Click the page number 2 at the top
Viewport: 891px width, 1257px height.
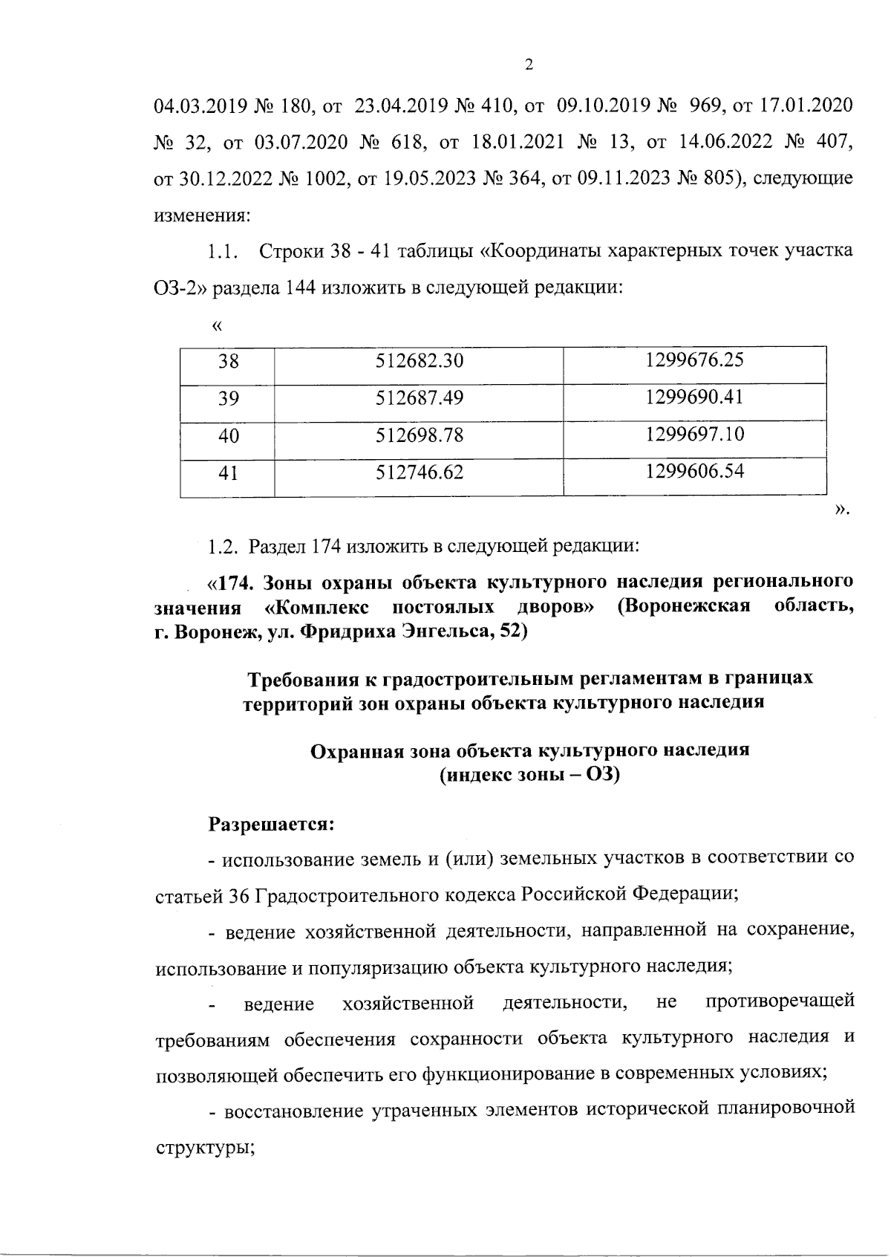pyautogui.click(x=529, y=65)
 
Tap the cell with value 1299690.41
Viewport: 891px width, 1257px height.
pyautogui.click(x=694, y=397)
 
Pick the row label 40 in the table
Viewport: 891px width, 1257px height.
pyautogui.click(x=229, y=436)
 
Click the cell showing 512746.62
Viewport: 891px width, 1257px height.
pyautogui.click(x=420, y=472)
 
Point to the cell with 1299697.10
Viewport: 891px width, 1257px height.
pyautogui.click(x=694, y=434)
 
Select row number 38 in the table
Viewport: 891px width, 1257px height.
pyautogui.click(x=229, y=362)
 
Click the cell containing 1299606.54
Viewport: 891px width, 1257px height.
pyautogui.click(x=694, y=470)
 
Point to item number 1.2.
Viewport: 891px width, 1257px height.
pyautogui.click(x=221, y=548)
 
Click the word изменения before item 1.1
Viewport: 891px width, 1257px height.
pyautogui.click(x=201, y=216)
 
